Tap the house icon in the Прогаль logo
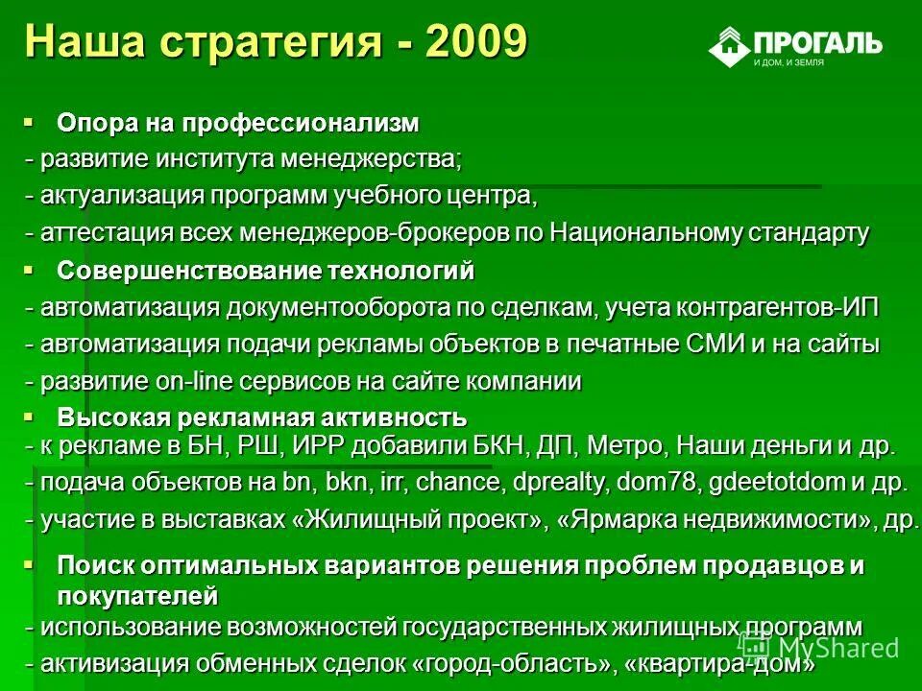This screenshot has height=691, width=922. (729, 45)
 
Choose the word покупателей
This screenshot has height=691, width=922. (137, 596)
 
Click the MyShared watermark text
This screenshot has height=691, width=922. (835, 647)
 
